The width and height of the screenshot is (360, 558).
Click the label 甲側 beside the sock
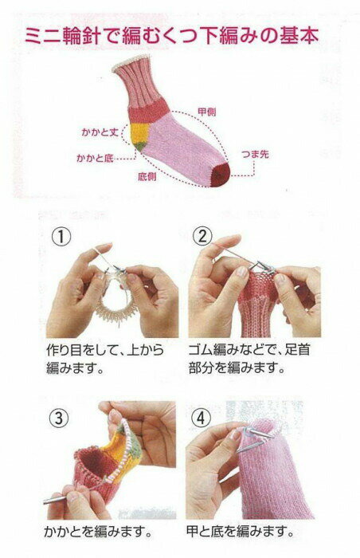206,112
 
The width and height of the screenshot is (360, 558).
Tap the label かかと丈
100,132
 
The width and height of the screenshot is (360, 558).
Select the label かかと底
95,158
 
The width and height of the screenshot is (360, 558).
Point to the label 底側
147,176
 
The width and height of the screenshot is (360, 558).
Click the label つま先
255,154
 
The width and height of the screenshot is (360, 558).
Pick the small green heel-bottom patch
140,145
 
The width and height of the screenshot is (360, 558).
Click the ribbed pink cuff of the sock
135,83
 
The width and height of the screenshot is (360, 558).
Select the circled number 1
61,237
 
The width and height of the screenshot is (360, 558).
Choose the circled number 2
202,236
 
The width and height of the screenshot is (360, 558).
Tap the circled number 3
59,418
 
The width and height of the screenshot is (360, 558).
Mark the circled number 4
201,418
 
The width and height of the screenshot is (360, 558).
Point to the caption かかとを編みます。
99,532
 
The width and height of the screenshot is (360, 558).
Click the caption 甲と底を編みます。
241,532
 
